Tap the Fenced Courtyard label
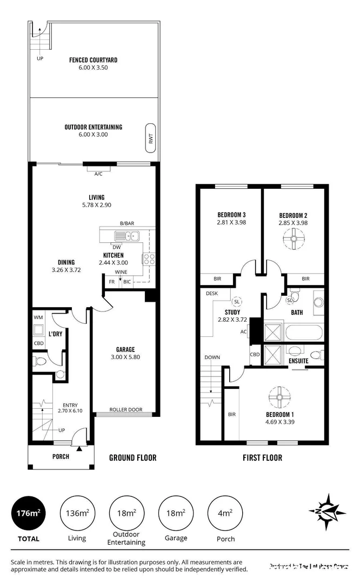(93, 60)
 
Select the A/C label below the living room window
(98, 174)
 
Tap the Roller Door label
(125, 409)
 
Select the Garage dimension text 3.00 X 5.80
(125, 357)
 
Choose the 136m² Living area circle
(77, 512)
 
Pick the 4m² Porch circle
(225, 512)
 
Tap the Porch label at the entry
(61, 456)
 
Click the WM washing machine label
(38, 317)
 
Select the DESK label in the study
(211, 294)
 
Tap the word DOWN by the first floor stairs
(212, 357)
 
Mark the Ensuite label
(299, 361)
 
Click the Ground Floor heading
(132, 458)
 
